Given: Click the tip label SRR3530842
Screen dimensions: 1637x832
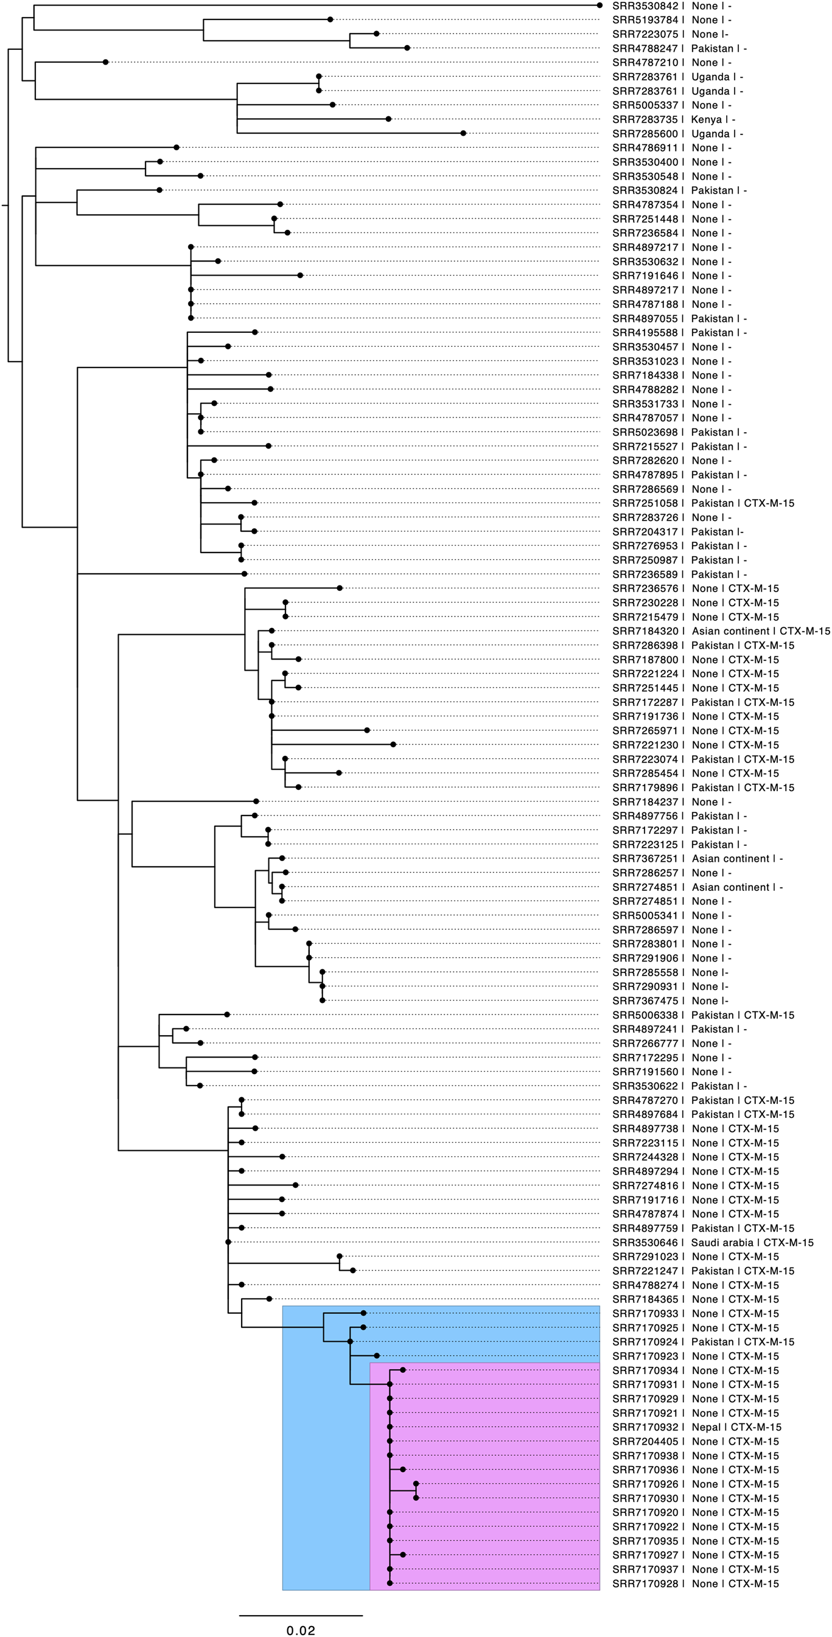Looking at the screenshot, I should coord(645,5).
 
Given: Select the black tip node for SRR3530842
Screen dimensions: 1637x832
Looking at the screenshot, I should coord(600,5).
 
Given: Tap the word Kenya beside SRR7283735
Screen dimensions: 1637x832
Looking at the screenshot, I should coord(706,119).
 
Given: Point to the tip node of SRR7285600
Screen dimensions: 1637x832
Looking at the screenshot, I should coord(463,133).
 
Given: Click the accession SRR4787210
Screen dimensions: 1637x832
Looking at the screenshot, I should coord(645,62).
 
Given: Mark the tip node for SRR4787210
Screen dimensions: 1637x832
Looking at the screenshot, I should coord(105,61).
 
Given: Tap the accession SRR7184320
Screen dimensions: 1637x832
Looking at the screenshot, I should coord(645,631).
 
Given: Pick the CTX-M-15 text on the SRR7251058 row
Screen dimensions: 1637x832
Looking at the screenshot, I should coord(769,503).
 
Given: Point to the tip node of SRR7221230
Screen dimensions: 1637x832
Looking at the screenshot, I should coord(393,744).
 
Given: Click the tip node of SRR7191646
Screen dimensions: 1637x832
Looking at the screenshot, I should coord(300,275).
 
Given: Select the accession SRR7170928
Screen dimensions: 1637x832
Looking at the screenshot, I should coord(645,1583).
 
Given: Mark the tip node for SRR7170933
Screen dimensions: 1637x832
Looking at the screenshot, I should coord(363,1313).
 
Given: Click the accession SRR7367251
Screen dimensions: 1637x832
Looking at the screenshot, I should coord(645,859).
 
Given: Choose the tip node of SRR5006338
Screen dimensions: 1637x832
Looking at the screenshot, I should coord(227,1015).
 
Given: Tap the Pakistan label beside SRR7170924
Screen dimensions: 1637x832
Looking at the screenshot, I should coord(712,1341).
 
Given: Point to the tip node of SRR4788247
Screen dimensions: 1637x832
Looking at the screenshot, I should coord(407,47).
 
